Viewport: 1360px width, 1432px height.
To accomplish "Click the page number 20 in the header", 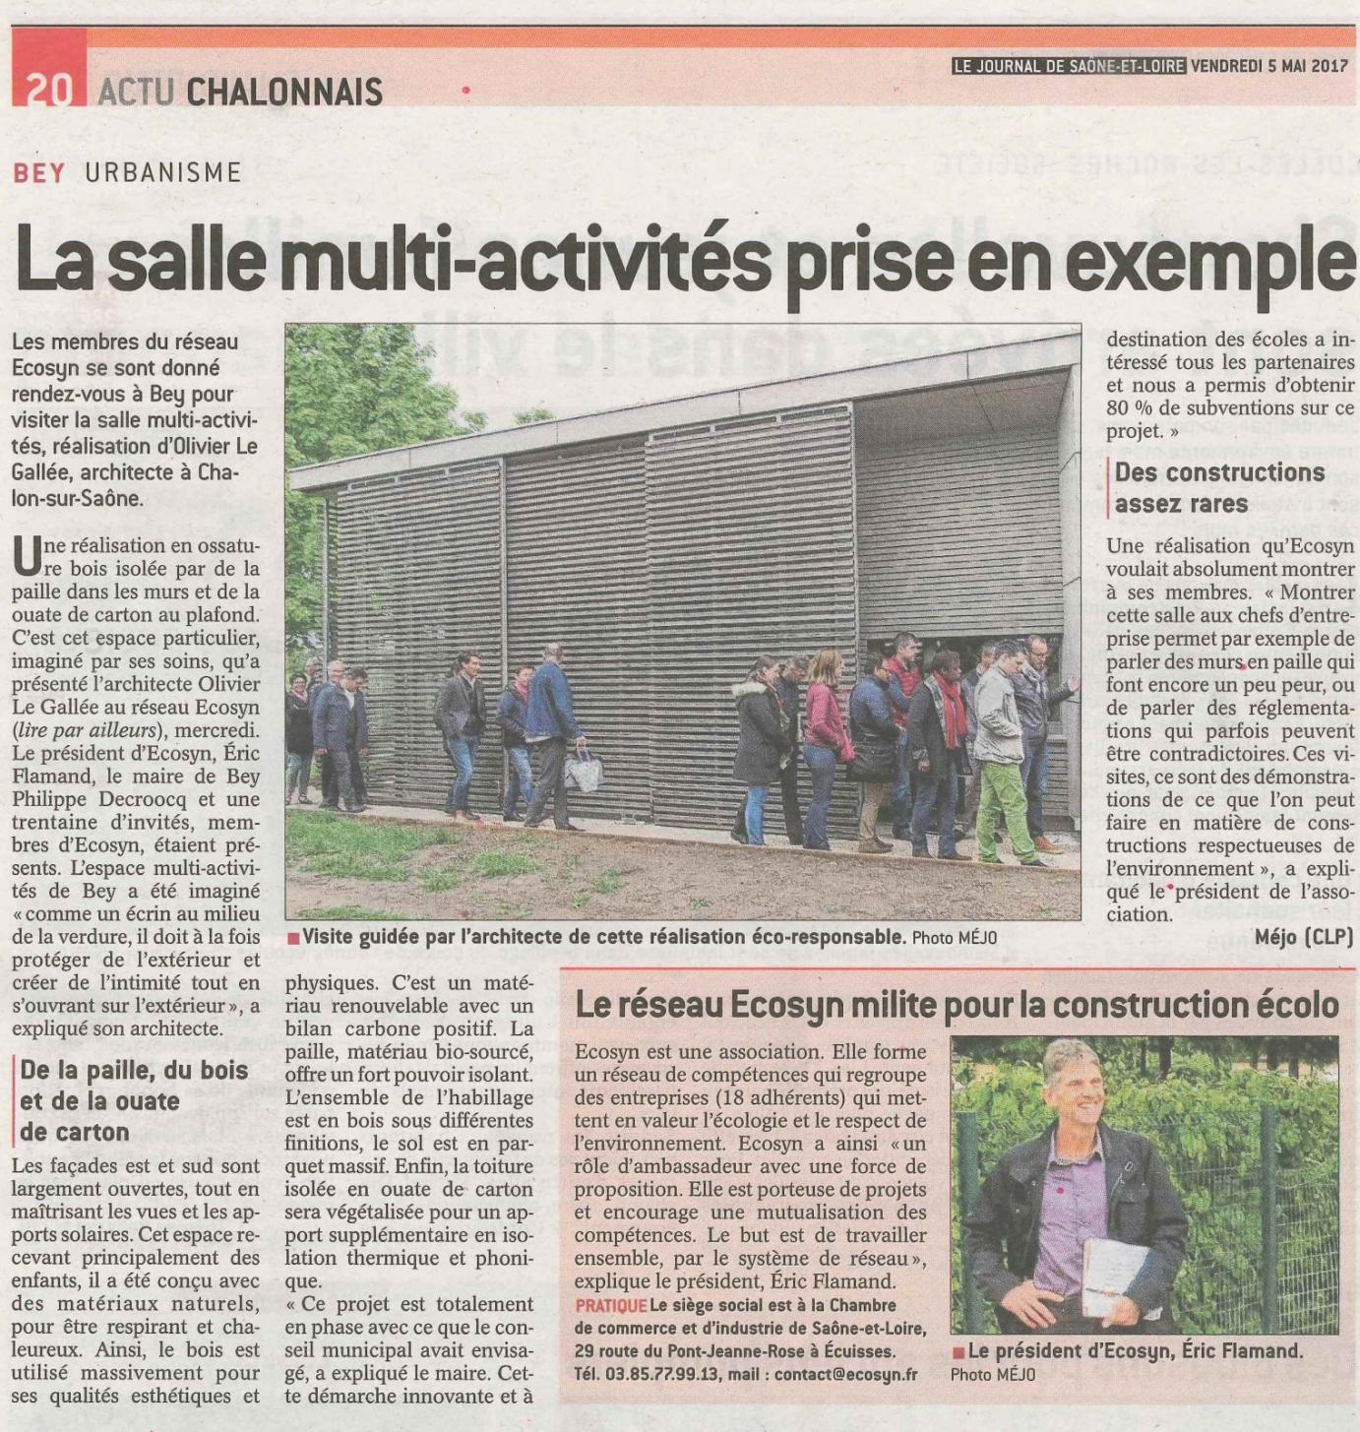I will click(49, 90).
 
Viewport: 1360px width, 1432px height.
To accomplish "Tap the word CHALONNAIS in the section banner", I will click(283, 92).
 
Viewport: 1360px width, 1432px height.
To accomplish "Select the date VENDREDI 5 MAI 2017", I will click(1269, 66).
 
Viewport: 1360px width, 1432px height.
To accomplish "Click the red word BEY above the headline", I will click(39, 173).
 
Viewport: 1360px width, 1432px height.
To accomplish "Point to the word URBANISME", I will click(163, 173).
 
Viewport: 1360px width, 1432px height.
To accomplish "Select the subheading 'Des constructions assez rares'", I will click(1219, 487).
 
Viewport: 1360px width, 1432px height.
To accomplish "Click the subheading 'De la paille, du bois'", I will click(134, 1070).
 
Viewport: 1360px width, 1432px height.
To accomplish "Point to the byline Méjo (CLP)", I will click(1304, 937).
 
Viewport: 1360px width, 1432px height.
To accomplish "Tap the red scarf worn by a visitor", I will click(952, 709).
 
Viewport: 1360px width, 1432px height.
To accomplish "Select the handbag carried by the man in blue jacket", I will click(584, 769).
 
